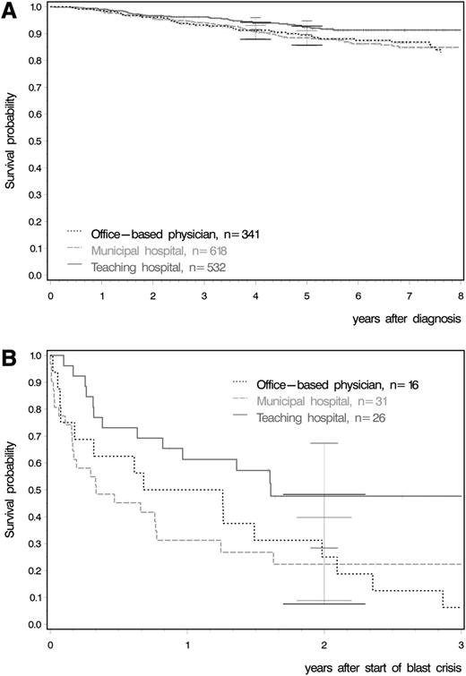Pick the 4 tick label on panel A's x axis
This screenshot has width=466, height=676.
(256, 294)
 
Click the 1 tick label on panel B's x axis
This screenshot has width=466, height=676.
(186, 643)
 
